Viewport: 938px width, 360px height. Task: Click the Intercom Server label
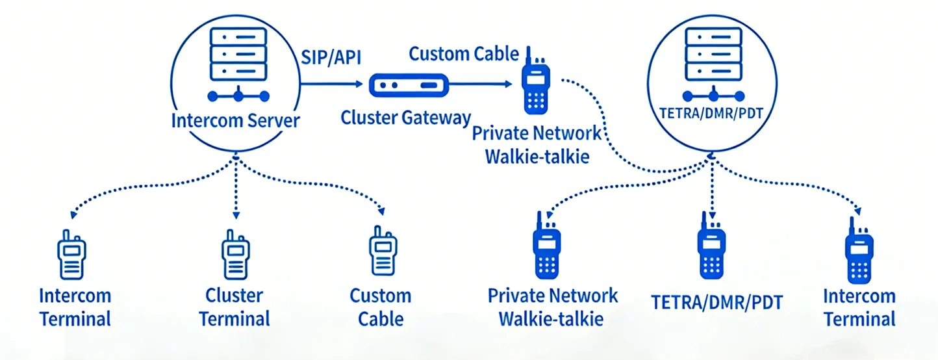pyautogui.click(x=235, y=120)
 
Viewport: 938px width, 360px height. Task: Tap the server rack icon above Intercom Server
pyautogui.click(x=238, y=53)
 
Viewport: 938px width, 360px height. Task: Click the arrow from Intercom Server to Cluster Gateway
pyautogui.click(x=331, y=84)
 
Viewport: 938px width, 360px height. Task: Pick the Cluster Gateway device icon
pyautogui.click(x=409, y=84)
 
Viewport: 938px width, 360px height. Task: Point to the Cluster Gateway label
pyautogui.click(x=406, y=118)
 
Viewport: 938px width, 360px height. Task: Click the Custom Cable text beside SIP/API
pyautogui.click(x=464, y=53)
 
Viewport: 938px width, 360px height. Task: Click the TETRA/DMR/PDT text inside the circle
pyautogui.click(x=711, y=110)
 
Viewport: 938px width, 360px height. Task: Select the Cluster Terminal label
pyautogui.click(x=234, y=307)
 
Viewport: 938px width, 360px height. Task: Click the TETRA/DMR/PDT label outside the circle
pyautogui.click(x=717, y=303)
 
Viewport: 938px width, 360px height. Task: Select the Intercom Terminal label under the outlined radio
pyautogui.click(x=75, y=307)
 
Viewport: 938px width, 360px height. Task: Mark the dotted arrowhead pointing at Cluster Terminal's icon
pyautogui.click(x=236, y=214)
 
